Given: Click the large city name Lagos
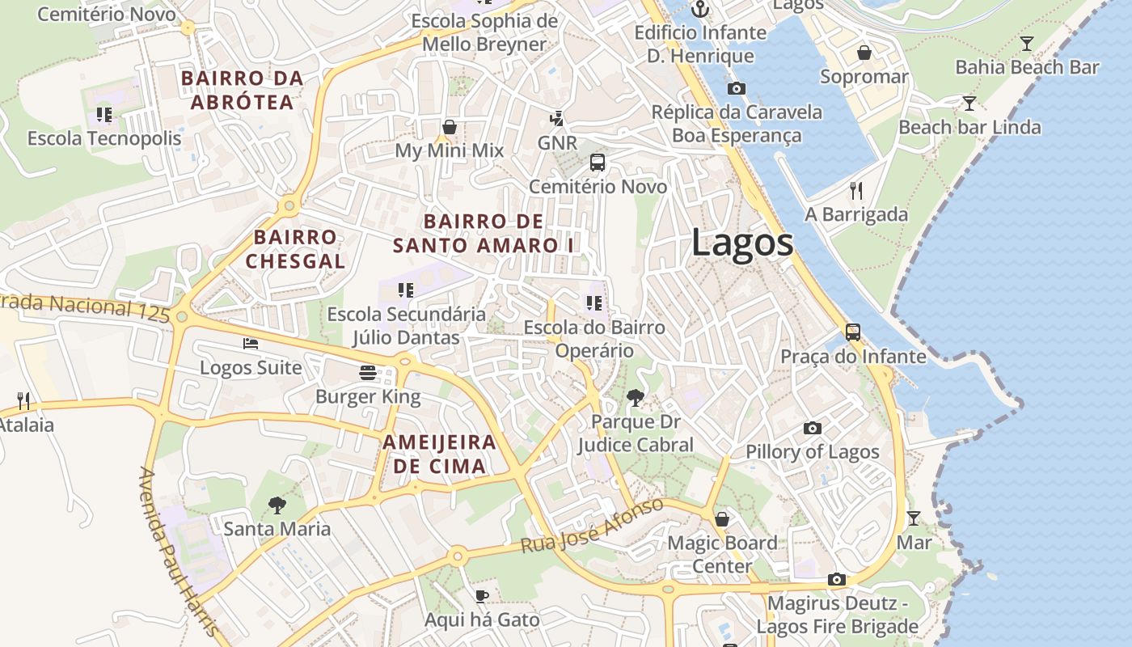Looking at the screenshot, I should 741,243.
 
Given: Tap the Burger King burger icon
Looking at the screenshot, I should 368,372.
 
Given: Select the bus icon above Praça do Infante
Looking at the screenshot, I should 853,332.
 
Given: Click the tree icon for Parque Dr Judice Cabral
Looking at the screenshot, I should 636,396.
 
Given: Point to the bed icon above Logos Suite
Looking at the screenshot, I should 251,344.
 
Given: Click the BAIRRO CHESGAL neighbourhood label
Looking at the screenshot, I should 295,249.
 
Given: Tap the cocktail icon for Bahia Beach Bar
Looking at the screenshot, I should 1027,44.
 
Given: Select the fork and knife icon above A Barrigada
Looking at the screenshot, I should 856,191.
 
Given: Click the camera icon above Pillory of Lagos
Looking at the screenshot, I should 813,428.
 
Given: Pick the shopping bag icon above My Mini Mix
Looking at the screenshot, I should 450,127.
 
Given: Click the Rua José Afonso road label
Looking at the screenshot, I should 592,526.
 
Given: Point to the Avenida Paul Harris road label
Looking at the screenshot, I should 179,552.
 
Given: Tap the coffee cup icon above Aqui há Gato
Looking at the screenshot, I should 482,596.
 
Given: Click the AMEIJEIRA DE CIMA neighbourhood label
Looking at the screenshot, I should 439,454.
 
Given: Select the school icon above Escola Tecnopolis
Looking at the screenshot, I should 104,115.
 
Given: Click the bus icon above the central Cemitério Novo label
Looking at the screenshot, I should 598,163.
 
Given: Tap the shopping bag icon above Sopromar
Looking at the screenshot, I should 864,53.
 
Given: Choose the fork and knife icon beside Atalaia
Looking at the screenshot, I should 23,400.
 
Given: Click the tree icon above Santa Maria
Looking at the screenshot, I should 277,505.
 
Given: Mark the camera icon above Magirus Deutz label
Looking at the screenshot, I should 837,579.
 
